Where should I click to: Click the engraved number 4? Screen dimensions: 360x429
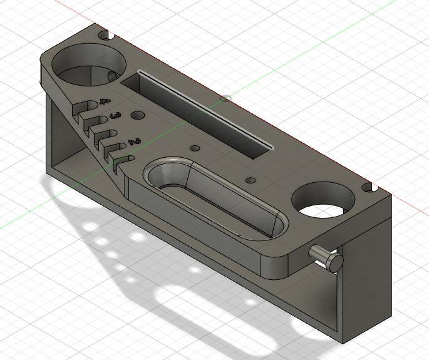105,101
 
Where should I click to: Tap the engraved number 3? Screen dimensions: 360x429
115,116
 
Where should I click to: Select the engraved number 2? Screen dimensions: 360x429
133,143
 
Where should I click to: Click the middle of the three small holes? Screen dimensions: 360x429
194,148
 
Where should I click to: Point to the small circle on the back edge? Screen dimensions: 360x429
226,98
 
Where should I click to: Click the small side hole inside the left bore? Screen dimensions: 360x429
112,76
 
